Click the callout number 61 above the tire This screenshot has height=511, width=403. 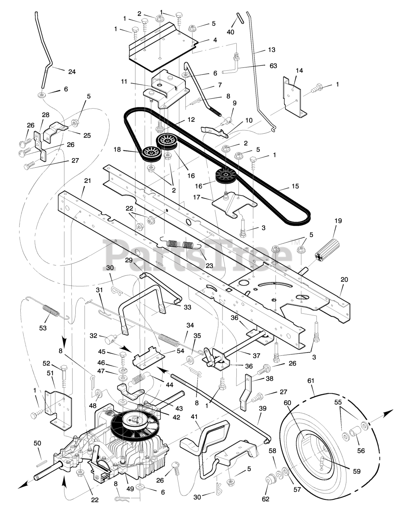tap(311, 382)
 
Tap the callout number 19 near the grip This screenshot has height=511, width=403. tap(338, 220)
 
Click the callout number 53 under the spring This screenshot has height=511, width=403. tap(43, 328)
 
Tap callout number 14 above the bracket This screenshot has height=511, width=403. tap(299, 70)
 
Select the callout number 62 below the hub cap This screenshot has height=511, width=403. tap(265, 499)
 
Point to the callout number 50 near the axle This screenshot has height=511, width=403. tap(37, 443)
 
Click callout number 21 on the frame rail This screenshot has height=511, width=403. tap(87, 180)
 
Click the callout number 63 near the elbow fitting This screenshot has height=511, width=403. tap(273, 66)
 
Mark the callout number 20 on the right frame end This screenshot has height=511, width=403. tap(344, 279)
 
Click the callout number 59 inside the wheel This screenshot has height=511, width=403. tap(356, 471)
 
